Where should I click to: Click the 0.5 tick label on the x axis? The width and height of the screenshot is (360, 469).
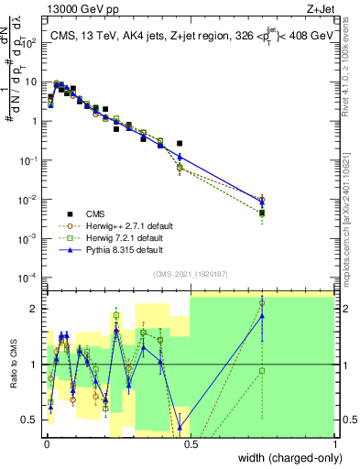click(x=190, y=442)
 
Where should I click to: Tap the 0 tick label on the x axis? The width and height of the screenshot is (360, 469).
click(x=46, y=442)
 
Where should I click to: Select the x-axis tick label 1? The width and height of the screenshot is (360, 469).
click(x=333, y=442)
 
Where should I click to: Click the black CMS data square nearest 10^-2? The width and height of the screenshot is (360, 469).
click(x=262, y=213)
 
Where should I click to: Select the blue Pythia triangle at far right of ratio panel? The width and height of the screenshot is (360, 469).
click(x=262, y=316)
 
